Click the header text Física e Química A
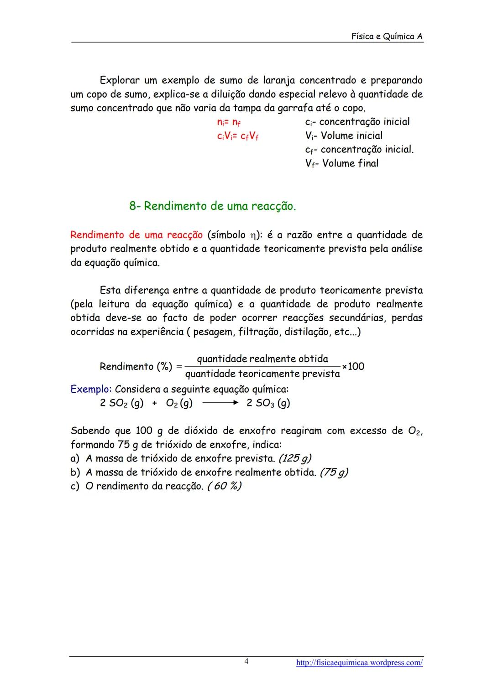[387, 36]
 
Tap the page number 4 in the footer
[246, 661]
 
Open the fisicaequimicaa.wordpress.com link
[359, 663]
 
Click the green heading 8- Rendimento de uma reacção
[213, 206]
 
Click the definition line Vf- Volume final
[341, 163]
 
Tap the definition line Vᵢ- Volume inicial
[344, 135]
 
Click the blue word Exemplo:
[91, 389]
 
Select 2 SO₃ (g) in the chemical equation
[268, 403]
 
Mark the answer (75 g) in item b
[334, 472]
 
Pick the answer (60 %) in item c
[224, 486]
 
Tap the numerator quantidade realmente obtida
[262, 359]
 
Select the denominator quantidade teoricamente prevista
[262, 374]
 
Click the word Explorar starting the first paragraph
[119, 81]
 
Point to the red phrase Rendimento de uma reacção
[136, 235]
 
